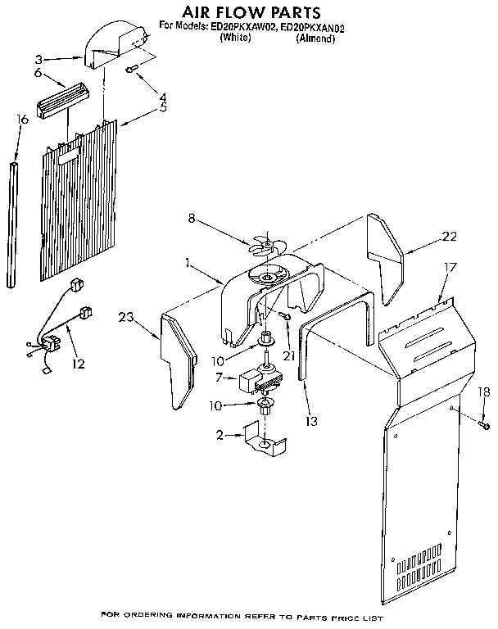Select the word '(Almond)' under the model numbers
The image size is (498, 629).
(x=315, y=38)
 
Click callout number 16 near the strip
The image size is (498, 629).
(x=22, y=120)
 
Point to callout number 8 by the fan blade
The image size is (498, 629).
(x=192, y=219)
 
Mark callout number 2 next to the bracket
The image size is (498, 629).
(x=219, y=435)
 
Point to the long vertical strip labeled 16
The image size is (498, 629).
(x=12, y=225)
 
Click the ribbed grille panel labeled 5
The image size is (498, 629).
(x=82, y=205)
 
